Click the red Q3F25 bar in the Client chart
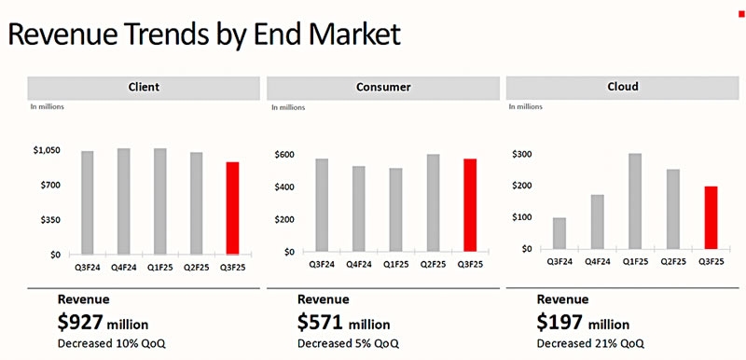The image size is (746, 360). click(232, 207)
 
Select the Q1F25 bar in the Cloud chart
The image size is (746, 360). click(635, 202)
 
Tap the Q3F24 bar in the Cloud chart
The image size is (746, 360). click(560, 234)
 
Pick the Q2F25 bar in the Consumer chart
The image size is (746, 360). click(434, 202)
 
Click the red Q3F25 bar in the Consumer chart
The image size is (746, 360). click(471, 204)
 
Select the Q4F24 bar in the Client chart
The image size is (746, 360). click(124, 201)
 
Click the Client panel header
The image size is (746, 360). click(143, 88)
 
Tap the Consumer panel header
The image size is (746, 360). click(382, 88)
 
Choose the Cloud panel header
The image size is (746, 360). click(622, 87)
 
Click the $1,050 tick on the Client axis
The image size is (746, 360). click(47, 150)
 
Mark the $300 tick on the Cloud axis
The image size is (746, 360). click(523, 154)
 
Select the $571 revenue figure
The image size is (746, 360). click(320, 322)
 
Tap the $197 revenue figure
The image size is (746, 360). click(559, 322)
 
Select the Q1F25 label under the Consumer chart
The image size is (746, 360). click(395, 264)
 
